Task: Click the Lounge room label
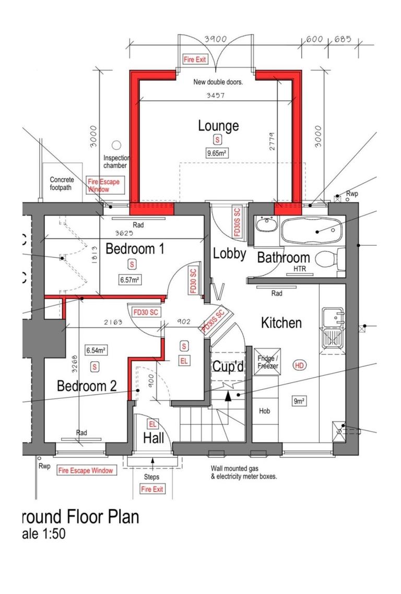click(x=218, y=126)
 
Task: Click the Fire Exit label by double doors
click(x=194, y=60)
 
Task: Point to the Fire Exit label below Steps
click(x=152, y=489)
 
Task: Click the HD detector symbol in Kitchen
click(x=299, y=365)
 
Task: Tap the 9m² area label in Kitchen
click(x=299, y=401)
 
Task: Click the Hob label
click(x=265, y=411)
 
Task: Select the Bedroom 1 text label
click(x=135, y=249)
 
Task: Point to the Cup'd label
click(x=228, y=367)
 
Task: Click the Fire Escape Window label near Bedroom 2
click(x=86, y=470)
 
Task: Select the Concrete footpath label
click(x=62, y=183)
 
